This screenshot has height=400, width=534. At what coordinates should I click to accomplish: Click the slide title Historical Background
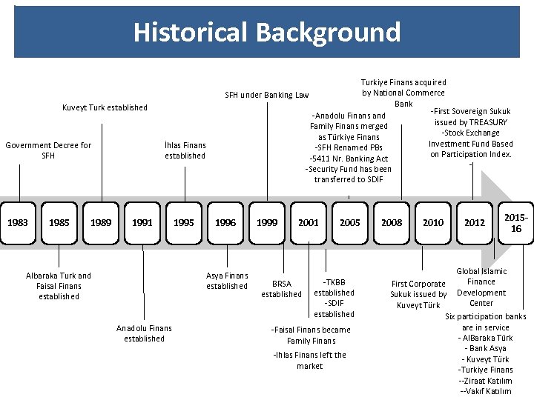click(267, 33)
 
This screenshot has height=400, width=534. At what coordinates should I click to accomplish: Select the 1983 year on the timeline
click(18, 222)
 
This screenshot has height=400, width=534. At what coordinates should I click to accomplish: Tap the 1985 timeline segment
click(59, 222)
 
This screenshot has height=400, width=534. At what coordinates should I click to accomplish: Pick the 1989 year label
click(101, 222)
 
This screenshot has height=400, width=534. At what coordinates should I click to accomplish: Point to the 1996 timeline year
click(225, 222)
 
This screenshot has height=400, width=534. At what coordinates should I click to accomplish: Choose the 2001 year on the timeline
click(309, 222)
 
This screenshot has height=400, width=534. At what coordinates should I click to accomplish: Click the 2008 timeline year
click(392, 222)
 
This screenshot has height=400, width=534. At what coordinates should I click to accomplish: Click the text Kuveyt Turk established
click(105, 107)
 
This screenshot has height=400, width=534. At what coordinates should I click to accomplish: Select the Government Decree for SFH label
click(48, 150)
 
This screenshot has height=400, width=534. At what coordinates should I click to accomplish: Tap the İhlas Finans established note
click(185, 150)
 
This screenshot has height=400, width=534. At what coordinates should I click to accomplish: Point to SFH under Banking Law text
click(267, 95)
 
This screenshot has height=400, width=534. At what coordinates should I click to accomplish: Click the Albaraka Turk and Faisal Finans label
click(59, 286)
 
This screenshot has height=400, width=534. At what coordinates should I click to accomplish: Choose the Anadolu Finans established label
click(144, 333)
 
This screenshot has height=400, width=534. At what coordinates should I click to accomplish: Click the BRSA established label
click(282, 289)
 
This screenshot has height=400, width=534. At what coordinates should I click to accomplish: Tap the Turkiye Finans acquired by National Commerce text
click(403, 93)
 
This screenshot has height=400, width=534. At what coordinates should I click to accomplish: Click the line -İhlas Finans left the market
click(310, 360)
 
